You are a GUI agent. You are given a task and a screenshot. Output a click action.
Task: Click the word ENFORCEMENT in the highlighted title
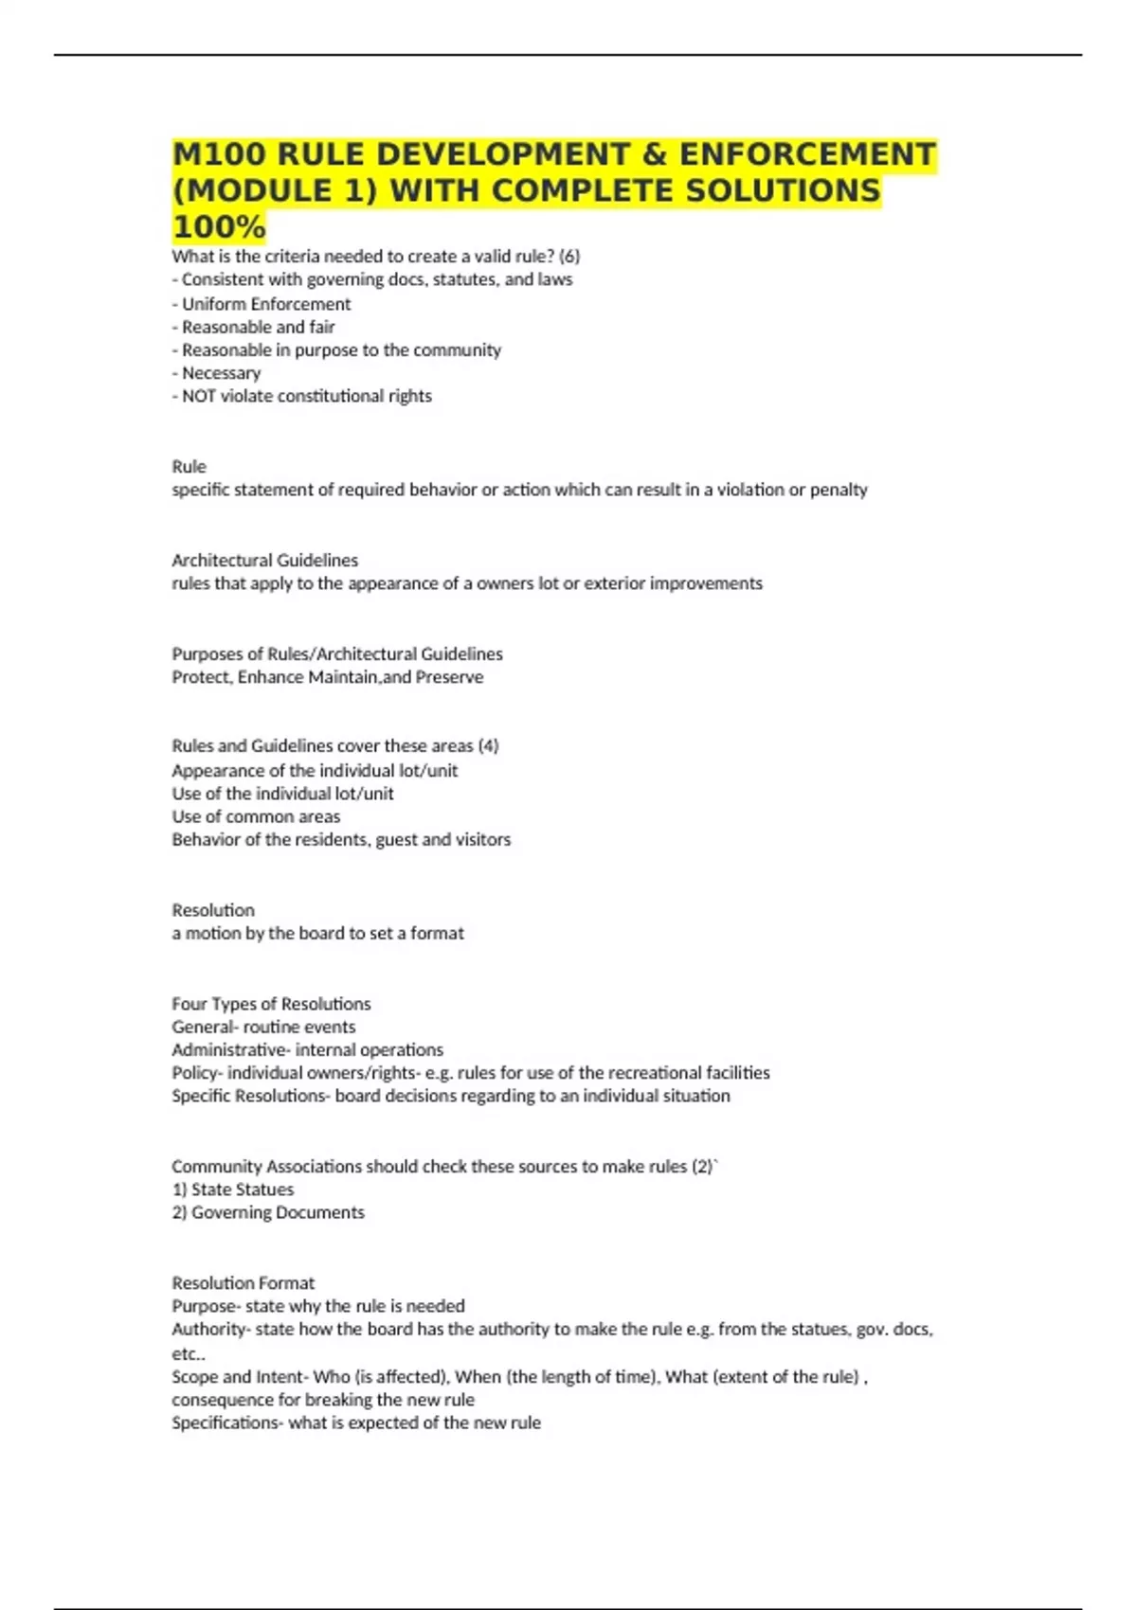tap(807, 153)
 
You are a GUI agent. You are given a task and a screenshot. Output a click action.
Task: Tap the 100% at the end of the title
tap(219, 227)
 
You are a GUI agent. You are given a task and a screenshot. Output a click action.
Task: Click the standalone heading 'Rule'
tap(189, 466)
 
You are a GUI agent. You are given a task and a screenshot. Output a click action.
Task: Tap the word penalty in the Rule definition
tap(839, 490)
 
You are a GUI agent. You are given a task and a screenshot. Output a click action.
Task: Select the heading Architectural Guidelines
tap(264, 560)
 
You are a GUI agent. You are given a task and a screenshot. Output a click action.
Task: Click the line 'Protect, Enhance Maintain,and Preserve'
tap(327, 677)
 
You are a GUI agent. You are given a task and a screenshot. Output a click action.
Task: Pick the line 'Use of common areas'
tap(256, 816)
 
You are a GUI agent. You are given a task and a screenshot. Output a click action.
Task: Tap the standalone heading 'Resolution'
tap(213, 910)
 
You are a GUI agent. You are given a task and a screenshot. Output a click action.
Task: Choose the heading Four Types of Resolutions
tap(271, 1004)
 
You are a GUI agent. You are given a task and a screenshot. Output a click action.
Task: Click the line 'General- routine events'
tap(263, 1027)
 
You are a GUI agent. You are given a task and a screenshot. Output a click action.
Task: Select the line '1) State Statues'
tap(233, 1190)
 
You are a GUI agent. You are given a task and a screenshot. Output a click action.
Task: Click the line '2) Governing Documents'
tap(268, 1212)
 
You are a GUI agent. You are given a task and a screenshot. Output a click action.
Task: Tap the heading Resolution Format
tap(243, 1283)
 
